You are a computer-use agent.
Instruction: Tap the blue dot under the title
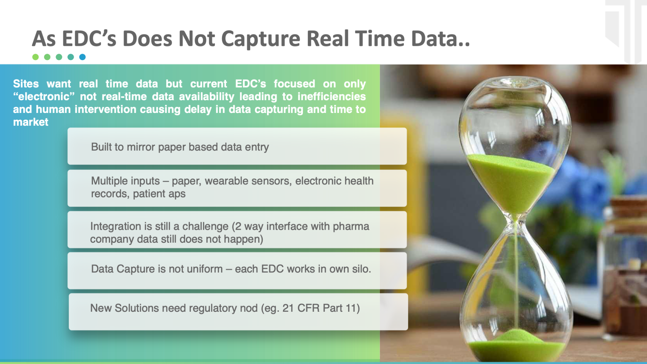pos(83,57)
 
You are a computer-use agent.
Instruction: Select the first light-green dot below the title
pos(35,57)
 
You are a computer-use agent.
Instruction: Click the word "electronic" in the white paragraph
pos(44,96)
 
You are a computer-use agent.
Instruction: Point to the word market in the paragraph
pos(31,122)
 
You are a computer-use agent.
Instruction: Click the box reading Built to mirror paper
pos(237,146)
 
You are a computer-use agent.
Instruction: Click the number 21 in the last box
pos(288,308)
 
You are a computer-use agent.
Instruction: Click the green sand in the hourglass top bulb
pos(512,182)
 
